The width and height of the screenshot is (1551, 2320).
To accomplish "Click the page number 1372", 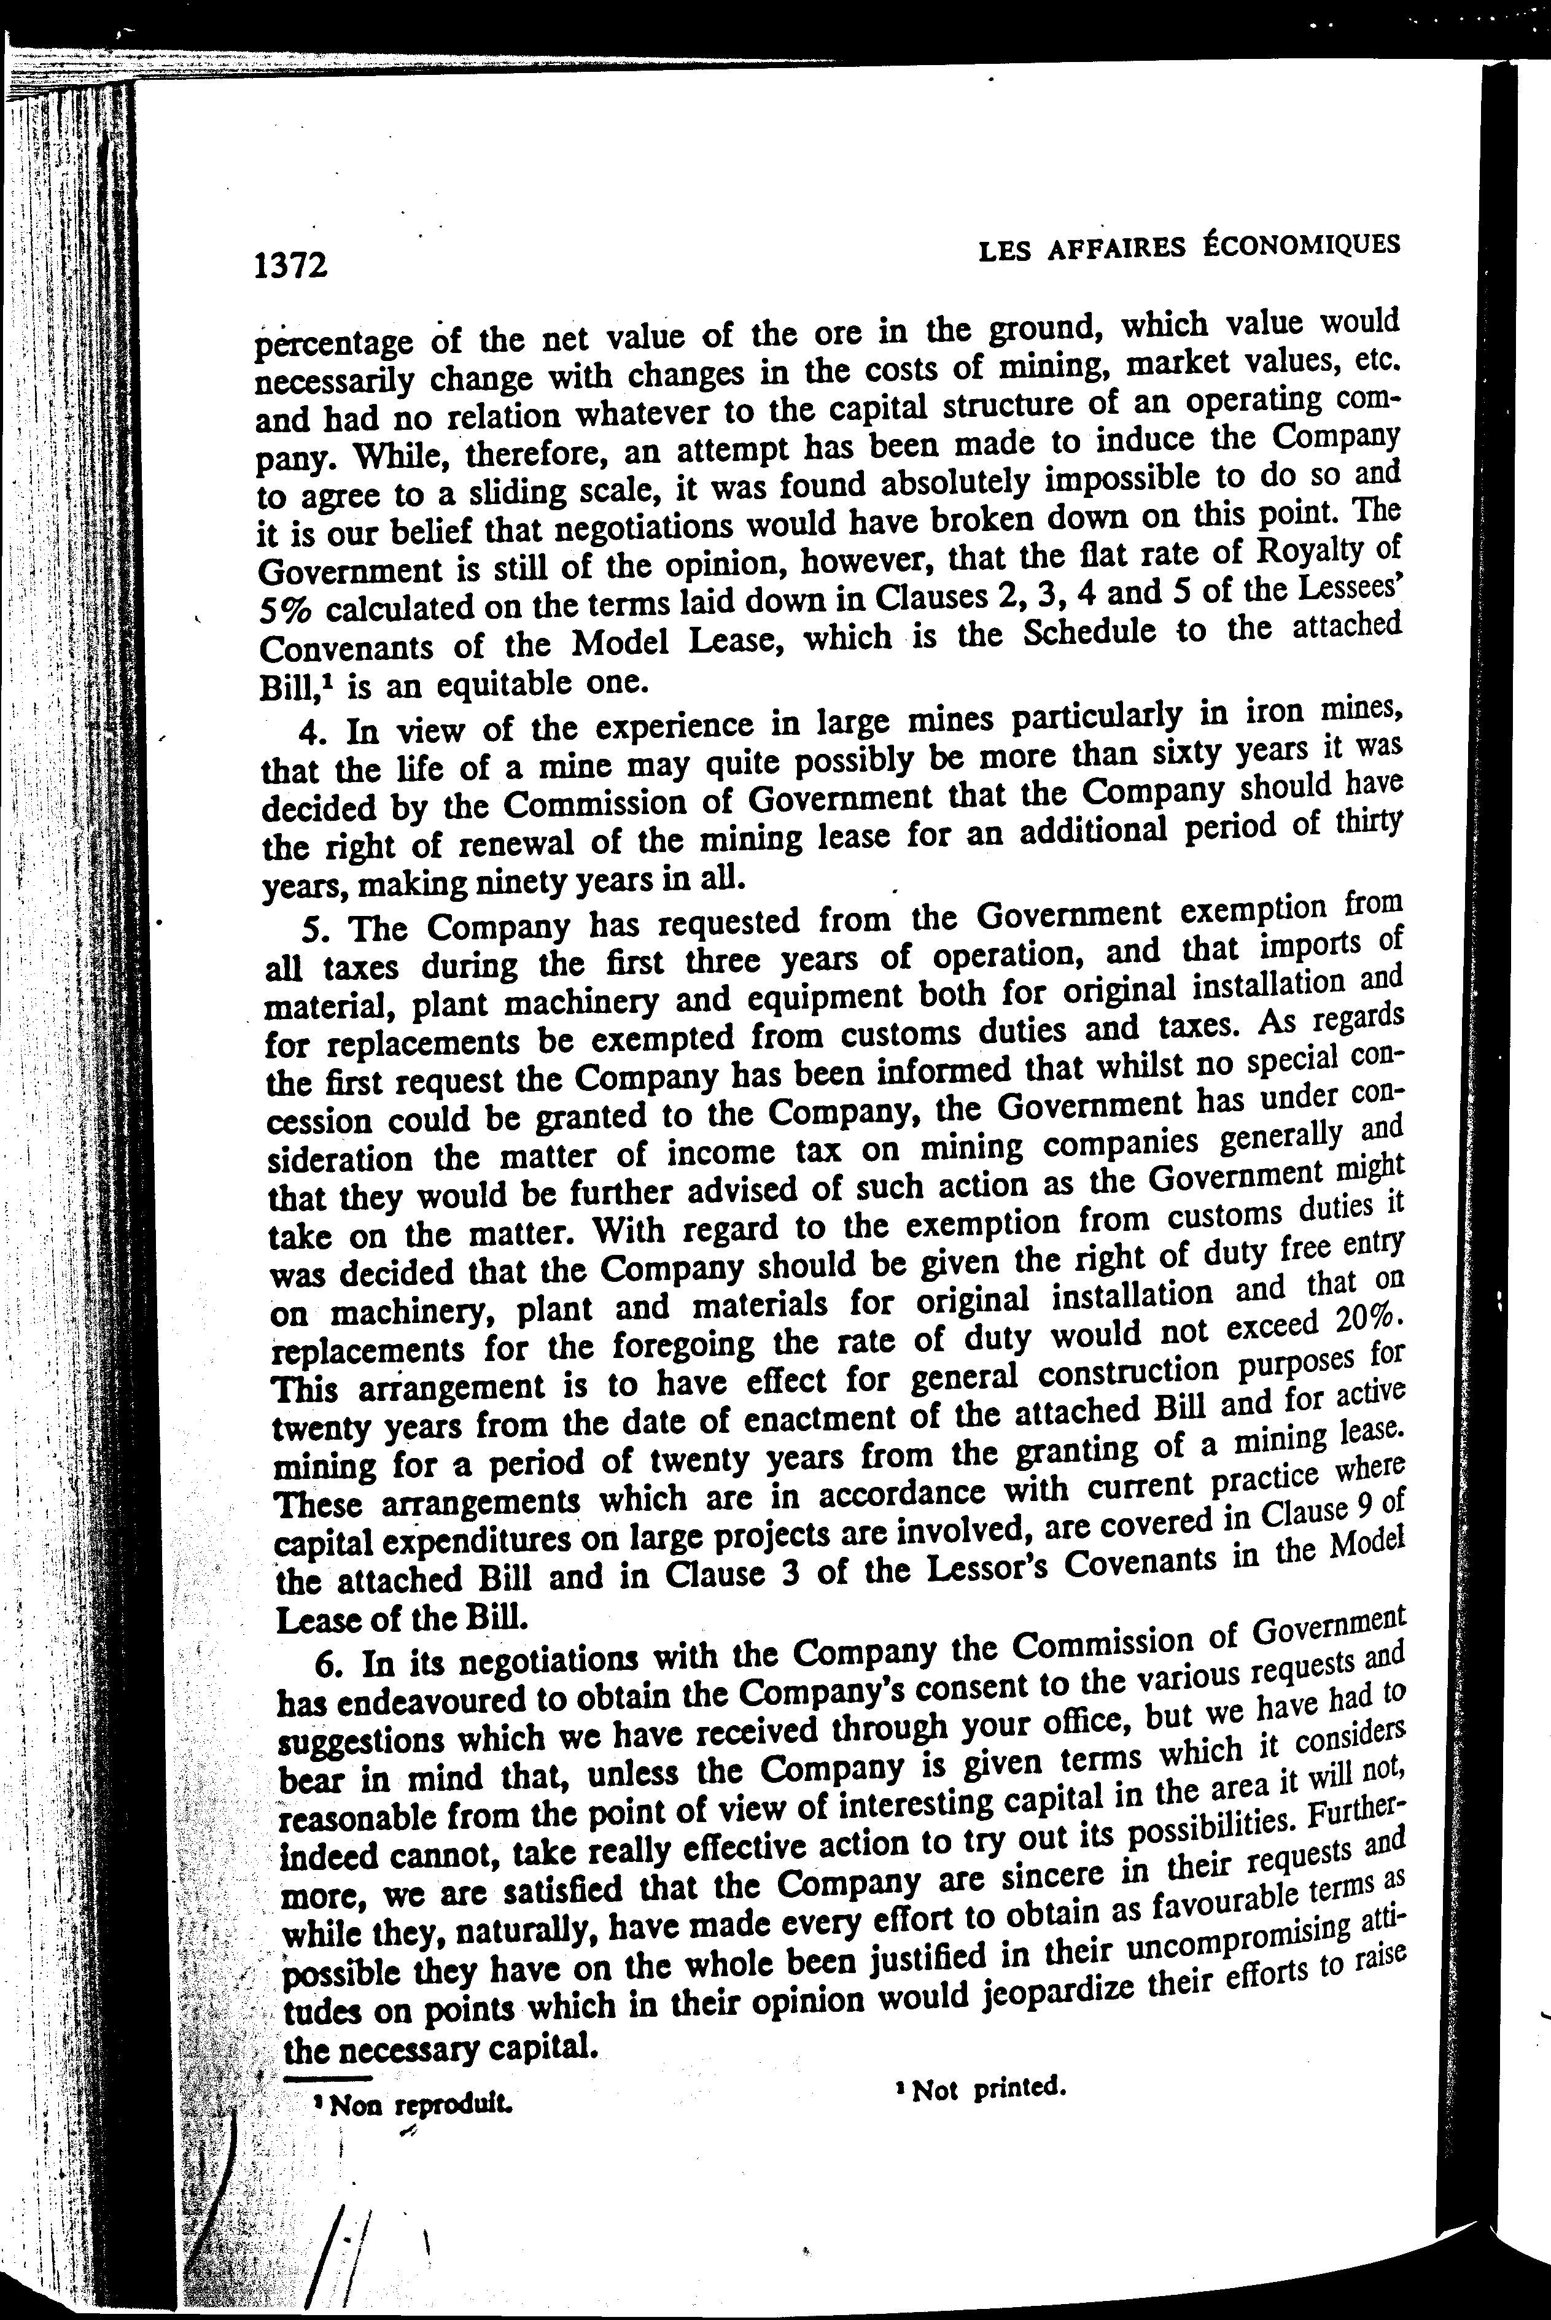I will click(x=290, y=266).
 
